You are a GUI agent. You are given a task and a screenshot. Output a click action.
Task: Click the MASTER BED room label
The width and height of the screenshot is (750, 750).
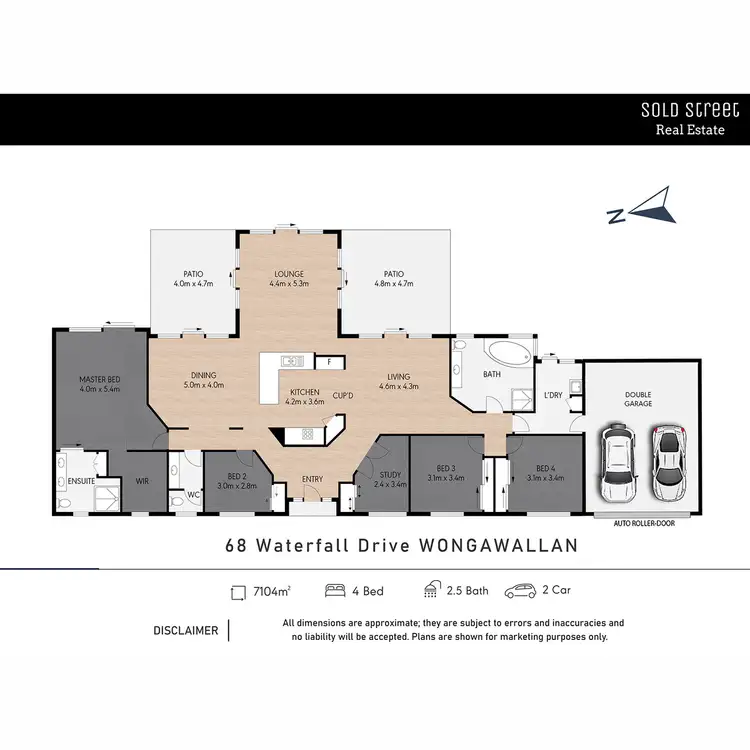click(x=99, y=379)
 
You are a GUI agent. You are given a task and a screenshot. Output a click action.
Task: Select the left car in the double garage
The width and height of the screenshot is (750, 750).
click(x=618, y=461)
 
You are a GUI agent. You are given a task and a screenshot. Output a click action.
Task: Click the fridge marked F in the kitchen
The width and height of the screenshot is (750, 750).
click(x=329, y=361)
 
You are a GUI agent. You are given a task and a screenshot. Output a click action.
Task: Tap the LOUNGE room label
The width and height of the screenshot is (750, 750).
click(x=289, y=273)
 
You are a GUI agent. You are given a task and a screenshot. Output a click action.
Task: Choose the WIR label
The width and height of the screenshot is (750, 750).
click(x=143, y=480)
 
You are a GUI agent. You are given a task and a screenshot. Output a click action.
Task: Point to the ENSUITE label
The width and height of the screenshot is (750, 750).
click(x=80, y=481)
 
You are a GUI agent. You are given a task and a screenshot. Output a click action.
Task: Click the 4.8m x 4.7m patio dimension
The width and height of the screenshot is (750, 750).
click(x=393, y=284)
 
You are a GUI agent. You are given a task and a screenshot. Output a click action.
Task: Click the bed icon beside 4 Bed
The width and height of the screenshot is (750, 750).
click(x=336, y=591)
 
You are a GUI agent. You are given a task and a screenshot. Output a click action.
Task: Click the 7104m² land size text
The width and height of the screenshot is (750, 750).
click(x=265, y=592)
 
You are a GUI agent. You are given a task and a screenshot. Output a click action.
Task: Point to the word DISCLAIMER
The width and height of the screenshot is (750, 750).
click(x=185, y=631)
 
